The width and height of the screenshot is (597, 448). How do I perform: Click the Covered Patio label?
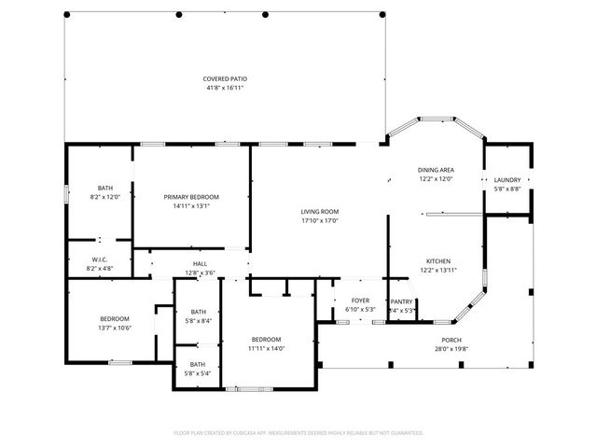225,78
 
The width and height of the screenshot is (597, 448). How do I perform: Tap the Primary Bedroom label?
191,197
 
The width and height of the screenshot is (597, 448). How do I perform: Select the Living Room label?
319,212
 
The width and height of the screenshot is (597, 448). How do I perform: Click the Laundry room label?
507,179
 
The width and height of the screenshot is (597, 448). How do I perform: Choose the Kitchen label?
438,260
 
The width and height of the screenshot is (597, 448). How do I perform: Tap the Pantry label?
401,301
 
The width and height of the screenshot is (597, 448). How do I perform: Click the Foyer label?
359,301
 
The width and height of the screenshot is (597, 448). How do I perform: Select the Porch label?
451,340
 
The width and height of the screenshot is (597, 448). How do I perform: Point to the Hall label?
200,264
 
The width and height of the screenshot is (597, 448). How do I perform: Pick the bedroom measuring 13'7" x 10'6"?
115,318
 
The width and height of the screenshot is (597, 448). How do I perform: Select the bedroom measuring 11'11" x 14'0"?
266,339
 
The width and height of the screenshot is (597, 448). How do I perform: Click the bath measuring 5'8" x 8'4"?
198,312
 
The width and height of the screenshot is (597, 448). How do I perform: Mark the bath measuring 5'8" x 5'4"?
198,364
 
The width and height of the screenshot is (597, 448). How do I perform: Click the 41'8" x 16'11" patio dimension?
225,88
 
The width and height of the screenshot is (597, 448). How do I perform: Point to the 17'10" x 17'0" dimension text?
319,221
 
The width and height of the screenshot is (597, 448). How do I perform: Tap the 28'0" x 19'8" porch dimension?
451,349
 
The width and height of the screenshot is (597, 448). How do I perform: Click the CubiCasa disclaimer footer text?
298,432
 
